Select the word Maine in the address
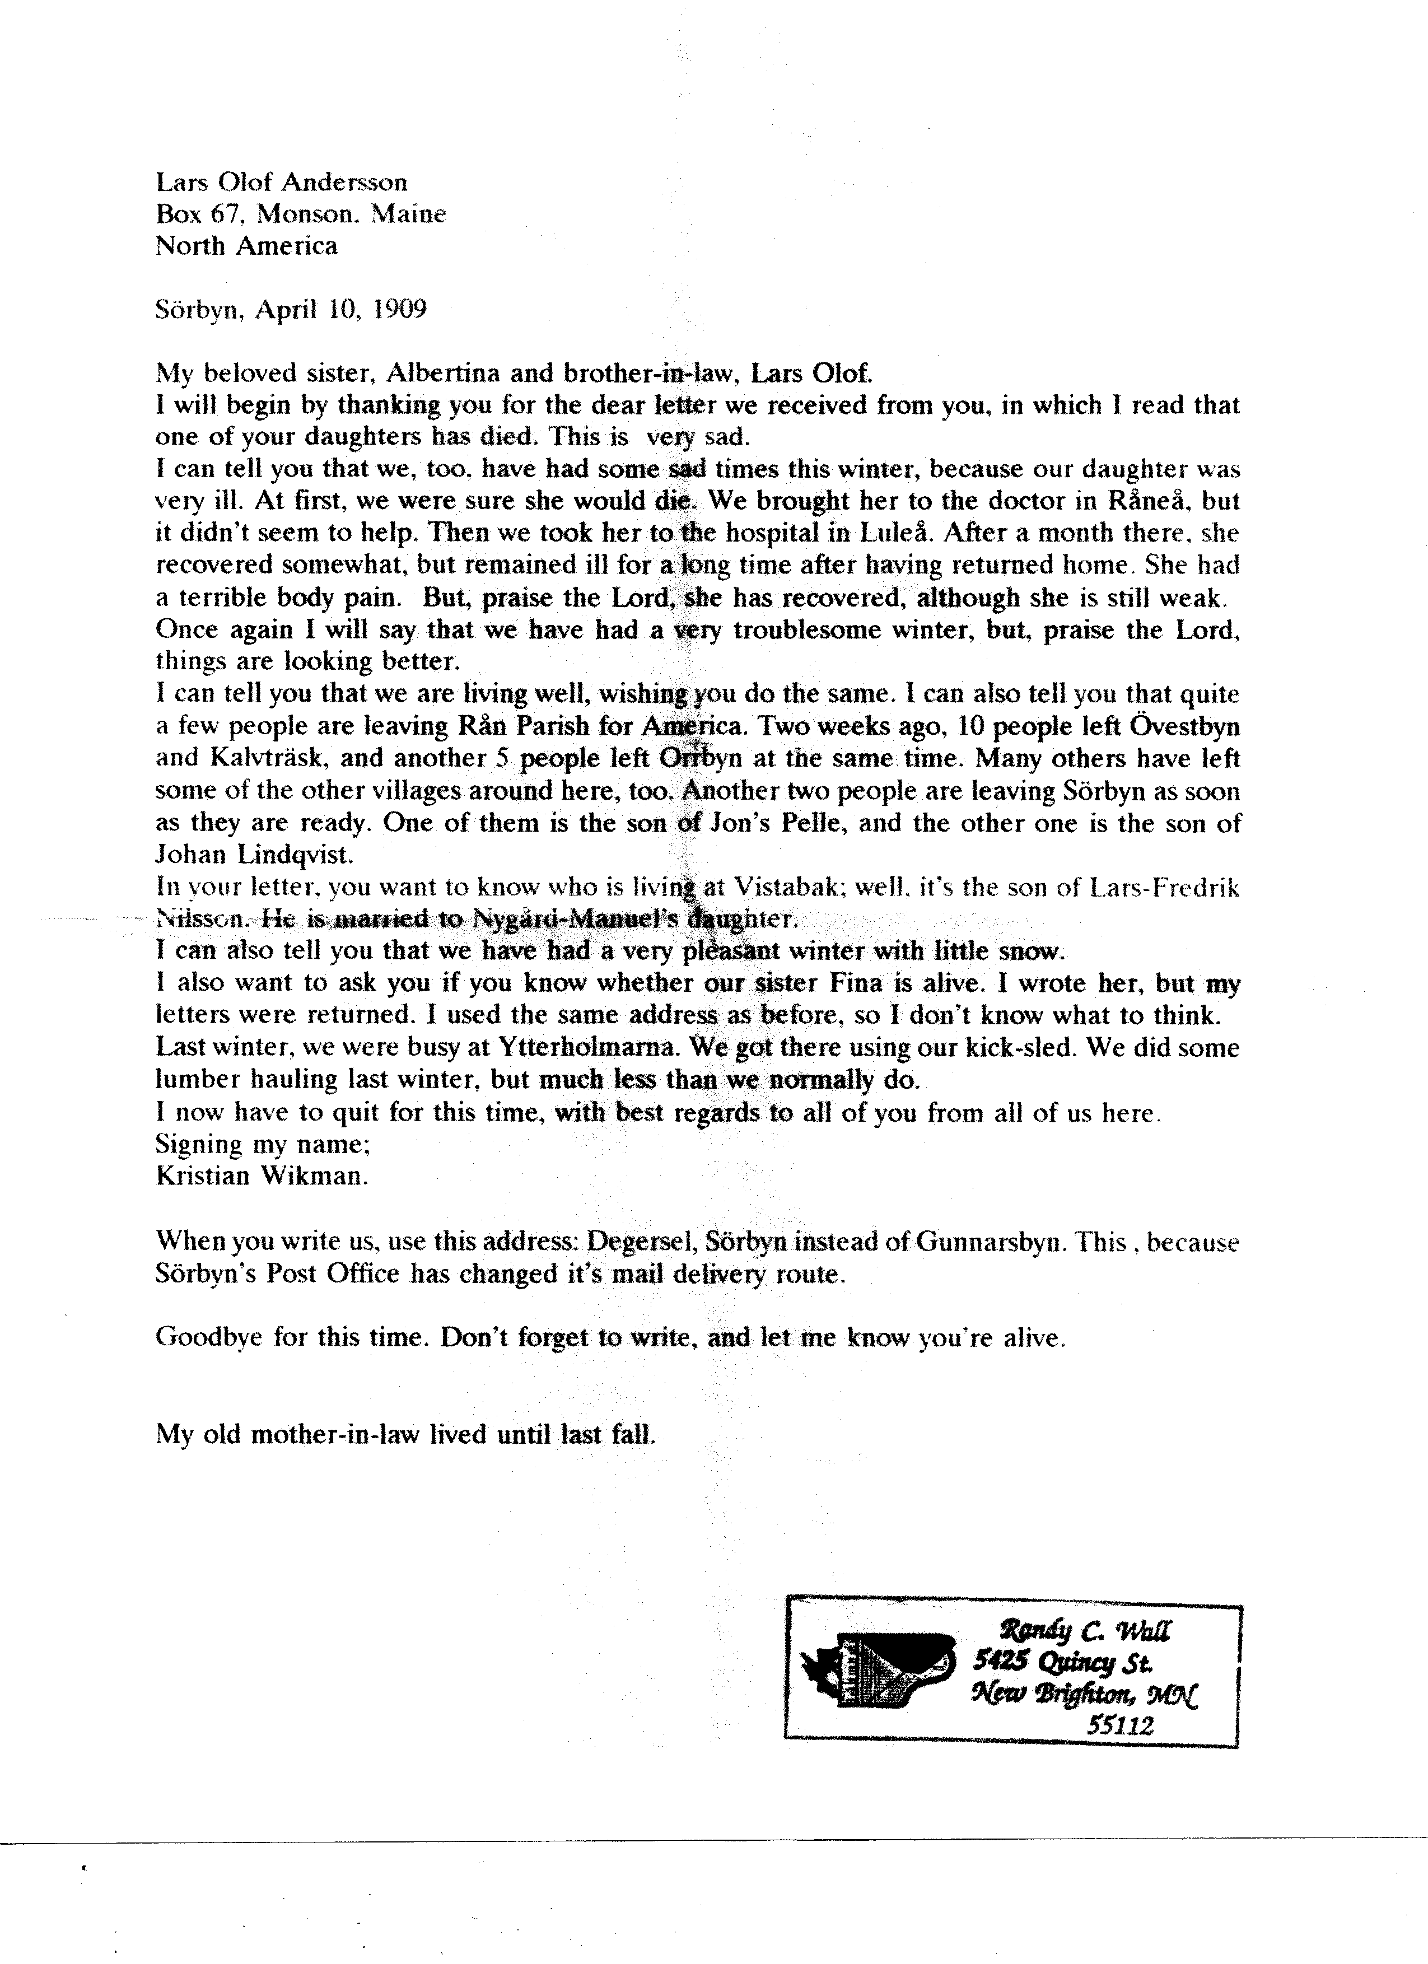[409, 214]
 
